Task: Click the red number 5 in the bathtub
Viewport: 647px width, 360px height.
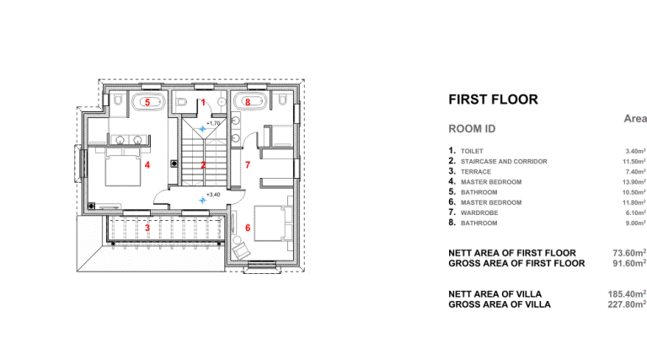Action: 147,102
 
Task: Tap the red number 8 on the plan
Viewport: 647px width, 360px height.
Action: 248,102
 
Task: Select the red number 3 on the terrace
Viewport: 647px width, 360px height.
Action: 147,228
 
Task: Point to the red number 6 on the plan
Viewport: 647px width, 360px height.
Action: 248,228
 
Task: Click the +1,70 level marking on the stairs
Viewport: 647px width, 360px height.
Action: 213,123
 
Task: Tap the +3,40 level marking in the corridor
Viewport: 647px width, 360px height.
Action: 213,195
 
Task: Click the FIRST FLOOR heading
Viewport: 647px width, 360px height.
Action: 493,99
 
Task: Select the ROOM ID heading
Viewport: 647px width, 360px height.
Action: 472,129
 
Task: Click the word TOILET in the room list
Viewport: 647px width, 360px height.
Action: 472,151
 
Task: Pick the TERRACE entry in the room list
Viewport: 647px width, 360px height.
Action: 476,172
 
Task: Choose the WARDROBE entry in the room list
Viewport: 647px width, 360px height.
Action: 479,212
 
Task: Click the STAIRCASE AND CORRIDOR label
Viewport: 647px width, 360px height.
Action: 504,161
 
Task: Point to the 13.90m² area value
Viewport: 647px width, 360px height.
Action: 634,181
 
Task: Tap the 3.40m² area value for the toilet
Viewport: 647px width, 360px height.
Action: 635,151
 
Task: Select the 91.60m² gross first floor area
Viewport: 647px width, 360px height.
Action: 629,263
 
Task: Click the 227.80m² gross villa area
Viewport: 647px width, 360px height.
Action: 627,304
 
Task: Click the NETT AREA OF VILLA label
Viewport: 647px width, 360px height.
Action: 495,294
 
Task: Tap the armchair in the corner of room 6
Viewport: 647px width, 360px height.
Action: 241,250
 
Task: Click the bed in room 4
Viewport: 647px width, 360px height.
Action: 122,167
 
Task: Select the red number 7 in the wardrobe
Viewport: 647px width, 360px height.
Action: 248,165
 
